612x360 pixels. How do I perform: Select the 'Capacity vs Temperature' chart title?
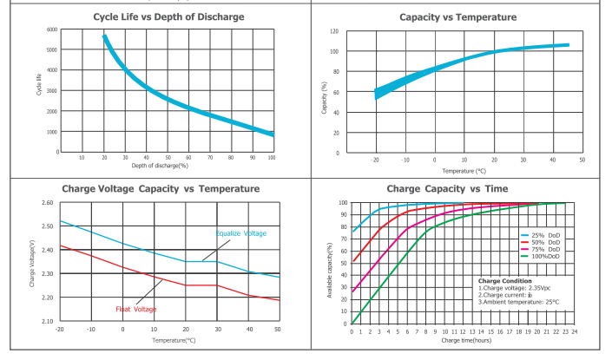coord(457,17)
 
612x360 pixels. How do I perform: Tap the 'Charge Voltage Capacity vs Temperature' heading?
coord(161,188)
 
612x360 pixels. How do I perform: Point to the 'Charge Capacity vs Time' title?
coord(459,188)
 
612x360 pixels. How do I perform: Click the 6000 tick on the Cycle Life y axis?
coord(51,29)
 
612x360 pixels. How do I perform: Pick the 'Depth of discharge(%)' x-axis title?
coord(161,165)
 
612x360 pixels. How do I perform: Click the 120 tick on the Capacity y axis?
coord(333,31)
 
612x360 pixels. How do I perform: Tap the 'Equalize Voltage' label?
coord(241,233)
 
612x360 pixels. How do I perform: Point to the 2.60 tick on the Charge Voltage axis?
coord(47,203)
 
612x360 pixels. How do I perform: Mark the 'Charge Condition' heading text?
coord(503,280)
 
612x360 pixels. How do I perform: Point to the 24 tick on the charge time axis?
coord(575,331)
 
